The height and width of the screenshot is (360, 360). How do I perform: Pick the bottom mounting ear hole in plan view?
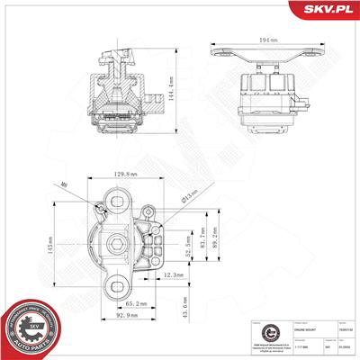[x=116, y=289]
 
